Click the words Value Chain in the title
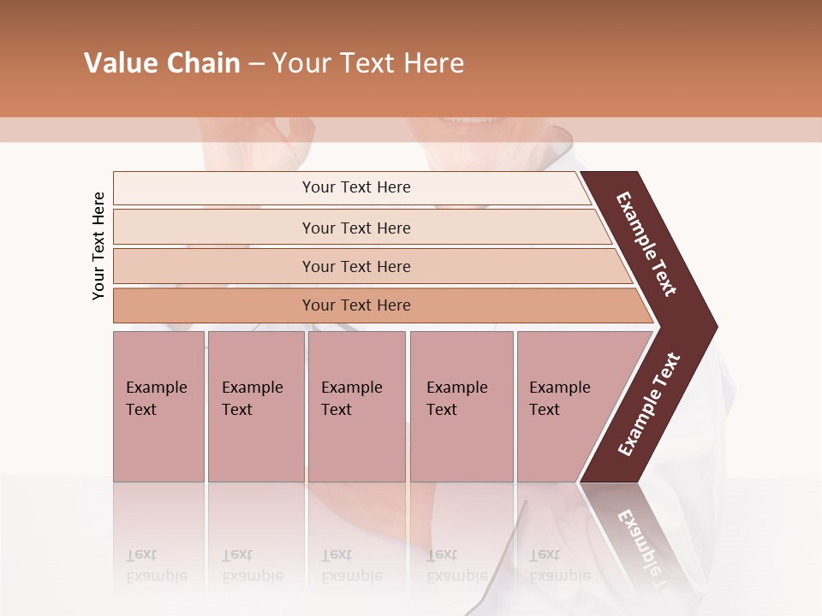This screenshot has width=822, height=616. (162, 63)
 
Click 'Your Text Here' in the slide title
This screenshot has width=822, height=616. (368, 63)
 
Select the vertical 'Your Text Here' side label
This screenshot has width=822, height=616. (98, 246)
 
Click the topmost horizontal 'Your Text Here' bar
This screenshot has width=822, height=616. (355, 187)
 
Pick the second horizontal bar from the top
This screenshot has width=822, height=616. (355, 228)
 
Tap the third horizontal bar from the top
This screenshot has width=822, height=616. (355, 266)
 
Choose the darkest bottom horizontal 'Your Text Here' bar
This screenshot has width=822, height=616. (355, 305)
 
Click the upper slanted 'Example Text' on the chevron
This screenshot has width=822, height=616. (647, 244)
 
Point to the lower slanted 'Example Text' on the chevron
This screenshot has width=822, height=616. (649, 405)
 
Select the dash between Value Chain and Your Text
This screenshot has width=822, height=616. (256, 64)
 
